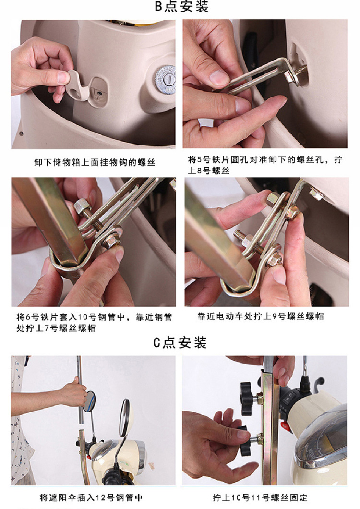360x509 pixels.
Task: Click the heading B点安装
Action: [181, 7]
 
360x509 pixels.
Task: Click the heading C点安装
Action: [180, 342]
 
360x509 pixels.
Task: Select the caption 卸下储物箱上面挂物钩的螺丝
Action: [95, 162]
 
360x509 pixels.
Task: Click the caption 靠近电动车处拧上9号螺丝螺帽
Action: [260, 316]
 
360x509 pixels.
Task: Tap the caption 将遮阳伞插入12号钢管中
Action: [91, 497]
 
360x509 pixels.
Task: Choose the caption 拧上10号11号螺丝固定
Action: [260, 497]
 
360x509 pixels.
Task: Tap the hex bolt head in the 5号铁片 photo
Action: [288, 77]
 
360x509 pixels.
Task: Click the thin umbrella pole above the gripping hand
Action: [79, 368]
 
